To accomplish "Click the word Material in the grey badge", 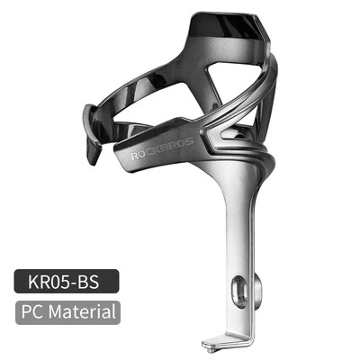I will (x=85, y=312).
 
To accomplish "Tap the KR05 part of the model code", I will (x=55, y=280).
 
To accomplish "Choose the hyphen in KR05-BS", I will (x=82, y=281).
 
